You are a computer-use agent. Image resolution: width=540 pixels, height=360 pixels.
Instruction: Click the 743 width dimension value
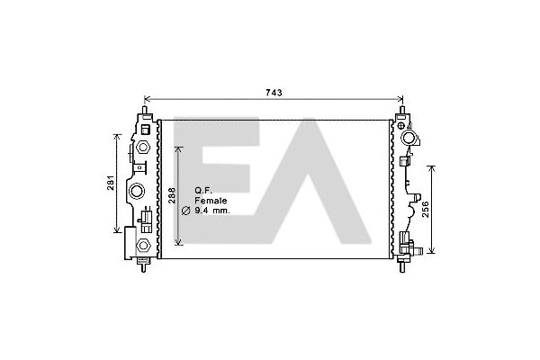274,93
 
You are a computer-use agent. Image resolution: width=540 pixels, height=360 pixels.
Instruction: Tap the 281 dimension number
110,183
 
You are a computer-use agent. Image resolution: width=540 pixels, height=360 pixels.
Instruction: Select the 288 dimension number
172,195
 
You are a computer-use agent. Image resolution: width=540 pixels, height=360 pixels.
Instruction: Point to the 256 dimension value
426,210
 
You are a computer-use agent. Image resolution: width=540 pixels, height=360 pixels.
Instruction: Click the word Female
211,201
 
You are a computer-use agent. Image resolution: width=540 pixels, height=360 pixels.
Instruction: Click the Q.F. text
204,190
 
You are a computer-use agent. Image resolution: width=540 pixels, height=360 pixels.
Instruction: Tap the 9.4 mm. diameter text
212,211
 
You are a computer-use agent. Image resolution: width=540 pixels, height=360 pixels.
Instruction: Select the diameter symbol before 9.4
185,211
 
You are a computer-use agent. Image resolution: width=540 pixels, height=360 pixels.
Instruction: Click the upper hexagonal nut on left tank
142,147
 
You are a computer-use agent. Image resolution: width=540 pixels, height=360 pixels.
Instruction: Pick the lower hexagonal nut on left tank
143,246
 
